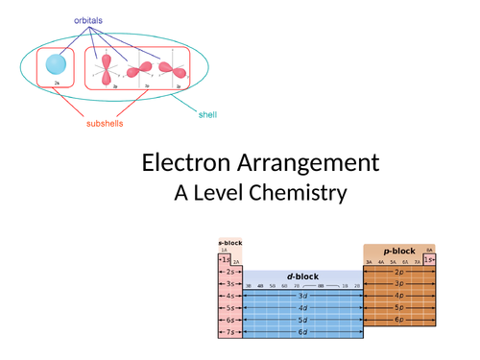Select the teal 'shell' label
click(x=207, y=116)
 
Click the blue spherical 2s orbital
click(x=57, y=65)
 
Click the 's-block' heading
click(x=229, y=244)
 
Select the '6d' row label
click(x=303, y=331)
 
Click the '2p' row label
click(x=398, y=272)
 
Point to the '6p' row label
click(x=398, y=319)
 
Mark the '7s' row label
click(x=229, y=331)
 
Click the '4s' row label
click(x=229, y=296)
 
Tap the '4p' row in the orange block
click(x=398, y=296)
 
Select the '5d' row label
click(x=303, y=319)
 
